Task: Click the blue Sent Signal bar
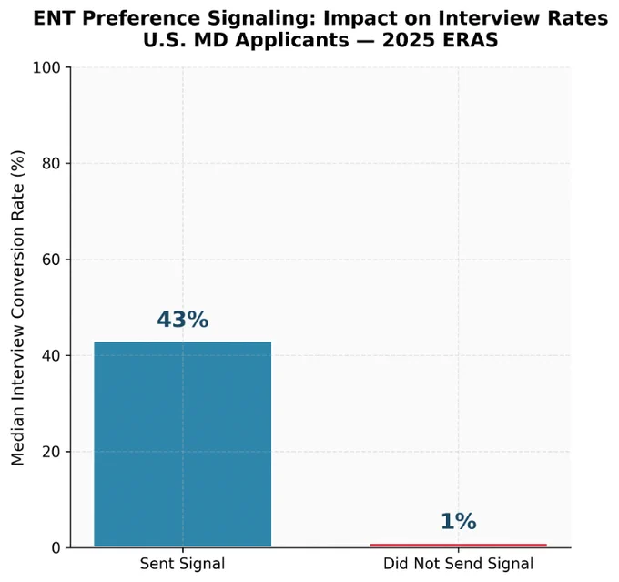tap(182, 444)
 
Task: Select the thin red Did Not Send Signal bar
tap(458, 546)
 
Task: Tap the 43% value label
tap(182, 320)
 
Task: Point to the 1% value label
tap(458, 521)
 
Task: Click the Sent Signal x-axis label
tap(182, 564)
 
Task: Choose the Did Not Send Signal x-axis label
tap(458, 564)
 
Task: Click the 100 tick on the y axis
tap(46, 67)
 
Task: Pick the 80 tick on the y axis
tap(51, 164)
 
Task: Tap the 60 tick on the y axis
tap(51, 260)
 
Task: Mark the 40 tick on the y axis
tap(51, 355)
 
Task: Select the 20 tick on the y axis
tap(51, 452)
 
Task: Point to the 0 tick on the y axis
tap(56, 548)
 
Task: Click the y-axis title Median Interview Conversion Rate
tap(18, 308)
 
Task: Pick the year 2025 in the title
tap(410, 40)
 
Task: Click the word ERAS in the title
tap(470, 40)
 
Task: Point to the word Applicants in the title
tap(290, 41)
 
